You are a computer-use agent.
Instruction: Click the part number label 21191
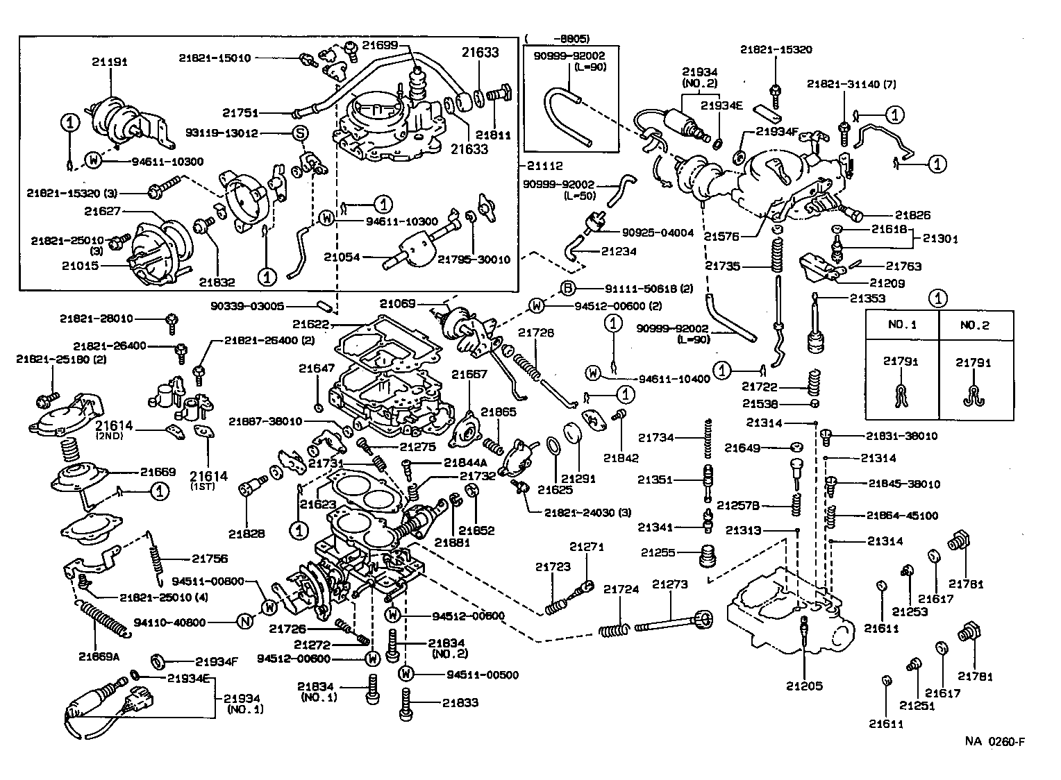click(110, 62)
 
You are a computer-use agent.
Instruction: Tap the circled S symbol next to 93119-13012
click(301, 133)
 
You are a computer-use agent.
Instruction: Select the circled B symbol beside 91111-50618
click(567, 289)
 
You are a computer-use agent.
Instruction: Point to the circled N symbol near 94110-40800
click(244, 622)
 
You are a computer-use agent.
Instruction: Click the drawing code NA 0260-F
click(994, 741)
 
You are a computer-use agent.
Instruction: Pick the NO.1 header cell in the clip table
click(902, 325)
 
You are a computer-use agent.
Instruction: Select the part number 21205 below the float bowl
click(804, 686)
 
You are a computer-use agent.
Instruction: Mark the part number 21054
click(342, 257)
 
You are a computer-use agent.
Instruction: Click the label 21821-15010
click(215, 58)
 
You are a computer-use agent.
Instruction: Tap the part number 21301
click(940, 239)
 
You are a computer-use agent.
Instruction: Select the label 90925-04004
click(658, 233)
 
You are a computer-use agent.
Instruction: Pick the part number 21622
click(310, 324)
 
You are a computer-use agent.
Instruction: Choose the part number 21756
click(210, 559)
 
